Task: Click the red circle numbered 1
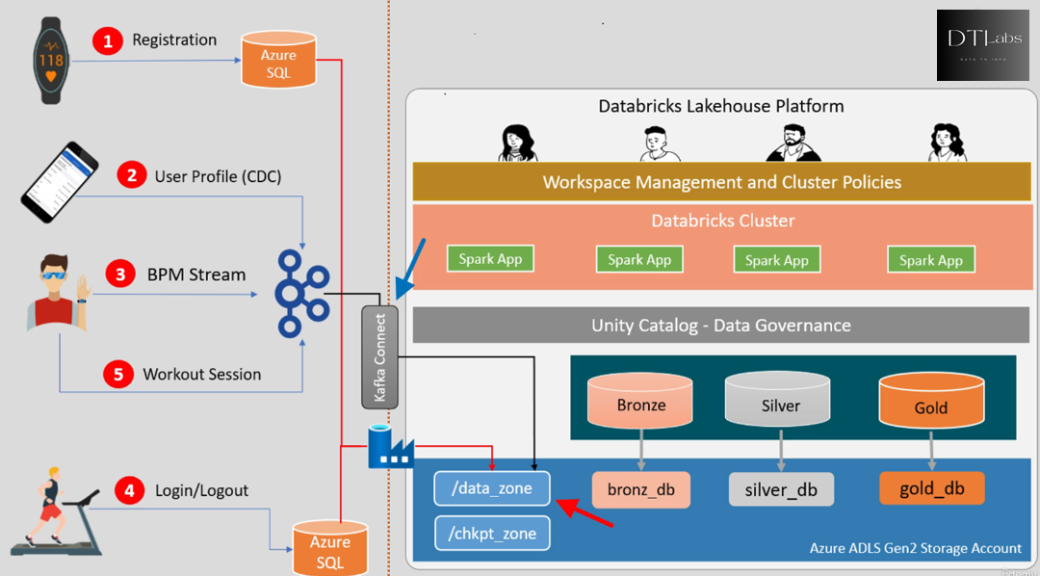(108, 40)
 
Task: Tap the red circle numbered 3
(119, 275)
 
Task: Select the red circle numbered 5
(118, 375)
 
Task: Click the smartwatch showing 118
(51, 62)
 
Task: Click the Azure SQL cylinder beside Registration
(278, 60)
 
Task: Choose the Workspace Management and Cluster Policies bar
(721, 182)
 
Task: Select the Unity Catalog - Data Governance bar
(721, 325)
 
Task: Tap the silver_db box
(781, 489)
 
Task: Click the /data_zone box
(491, 488)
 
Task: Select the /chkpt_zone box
(491, 533)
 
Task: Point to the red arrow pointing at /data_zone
(586, 514)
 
